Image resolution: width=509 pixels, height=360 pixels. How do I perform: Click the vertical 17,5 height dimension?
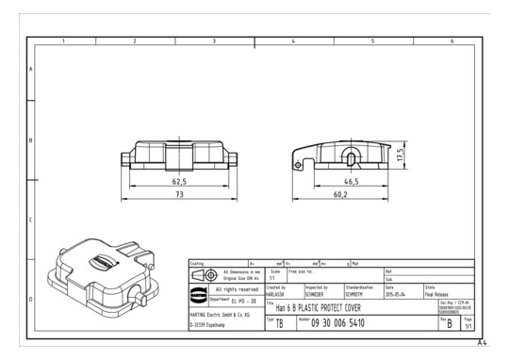point(402,155)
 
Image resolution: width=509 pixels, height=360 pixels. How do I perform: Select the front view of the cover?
point(179,154)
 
